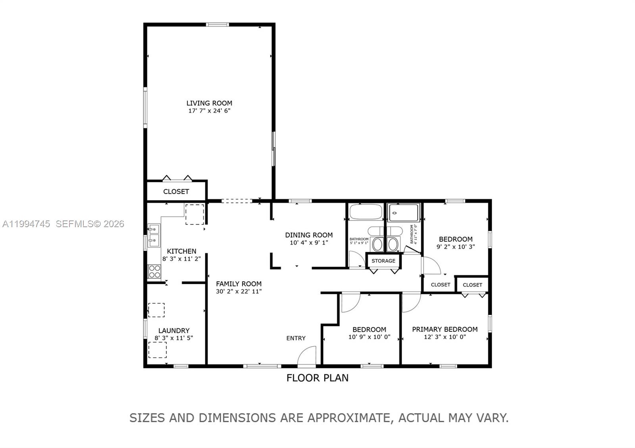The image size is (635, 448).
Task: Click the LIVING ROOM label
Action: pyautogui.click(x=209, y=103)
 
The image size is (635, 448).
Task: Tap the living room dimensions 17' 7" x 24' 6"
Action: pyautogui.click(x=209, y=111)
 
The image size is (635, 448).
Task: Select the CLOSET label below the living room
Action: pyautogui.click(x=176, y=191)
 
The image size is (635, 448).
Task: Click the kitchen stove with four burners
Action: pyautogui.click(x=154, y=271)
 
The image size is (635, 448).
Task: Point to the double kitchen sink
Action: pyautogui.click(x=154, y=235)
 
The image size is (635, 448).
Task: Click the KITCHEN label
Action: pyautogui.click(x=181, y=251)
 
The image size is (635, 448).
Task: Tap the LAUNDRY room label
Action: pyautogui.click(x=174, y=331)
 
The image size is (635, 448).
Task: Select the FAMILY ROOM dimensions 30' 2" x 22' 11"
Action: pyautogui.click(x=239, y=291)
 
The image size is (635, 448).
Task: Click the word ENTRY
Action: pyautogui.click(x=296, y=338)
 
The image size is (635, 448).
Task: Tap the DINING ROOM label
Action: pyautogui.click(x=309, y=235)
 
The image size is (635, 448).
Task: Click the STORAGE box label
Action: pyautogui.click(x=383, y=261)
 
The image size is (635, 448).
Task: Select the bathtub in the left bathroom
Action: pyautogui.click(x=366, y=212)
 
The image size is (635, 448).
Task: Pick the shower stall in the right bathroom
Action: pyautogui.click(x=404, y=213)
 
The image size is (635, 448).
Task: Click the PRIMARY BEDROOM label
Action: pyautogui.click(x=444, y=329)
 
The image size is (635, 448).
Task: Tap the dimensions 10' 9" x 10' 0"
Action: pyautogui.click(x=369, y=337)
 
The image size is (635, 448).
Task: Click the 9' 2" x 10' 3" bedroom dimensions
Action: pyautogui.click(x=456, y=247)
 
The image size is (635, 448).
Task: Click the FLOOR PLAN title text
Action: pyautogui.click(x=317, y=378)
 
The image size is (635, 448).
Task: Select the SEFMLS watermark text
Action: pyautogui.click(x=90, y=224)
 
